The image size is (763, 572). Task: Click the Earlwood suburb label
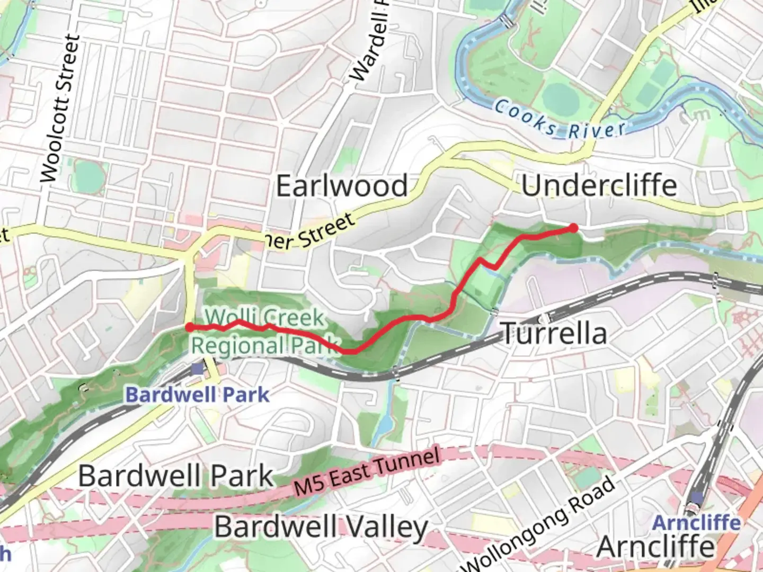point(342,186)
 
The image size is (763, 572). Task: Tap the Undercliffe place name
point(599,186)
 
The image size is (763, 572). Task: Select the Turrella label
point(554,334)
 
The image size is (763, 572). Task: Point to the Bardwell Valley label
point(321,528)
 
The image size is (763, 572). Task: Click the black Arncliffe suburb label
point(655,547)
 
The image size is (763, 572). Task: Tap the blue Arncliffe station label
point(696,523)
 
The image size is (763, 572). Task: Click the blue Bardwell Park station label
point(197,395)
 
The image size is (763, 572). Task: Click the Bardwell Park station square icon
point(197,368)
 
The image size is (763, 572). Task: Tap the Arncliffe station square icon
point(697,498)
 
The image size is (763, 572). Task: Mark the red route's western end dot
point(189,327)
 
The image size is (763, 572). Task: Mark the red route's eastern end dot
point(573,228)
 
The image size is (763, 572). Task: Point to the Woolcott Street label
point(59,109)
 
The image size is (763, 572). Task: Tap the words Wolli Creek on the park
point(265,318)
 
